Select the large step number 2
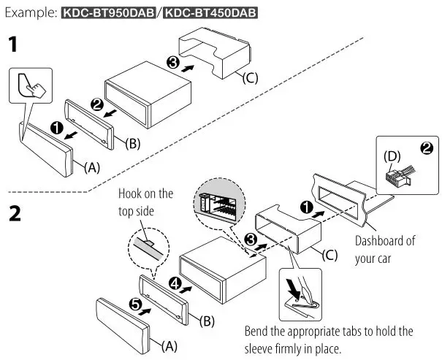(x=14, y=215)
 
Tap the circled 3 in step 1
(x=173, y=64)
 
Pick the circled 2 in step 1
(x=96, y=104)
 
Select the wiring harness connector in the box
(x=400, y=175)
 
